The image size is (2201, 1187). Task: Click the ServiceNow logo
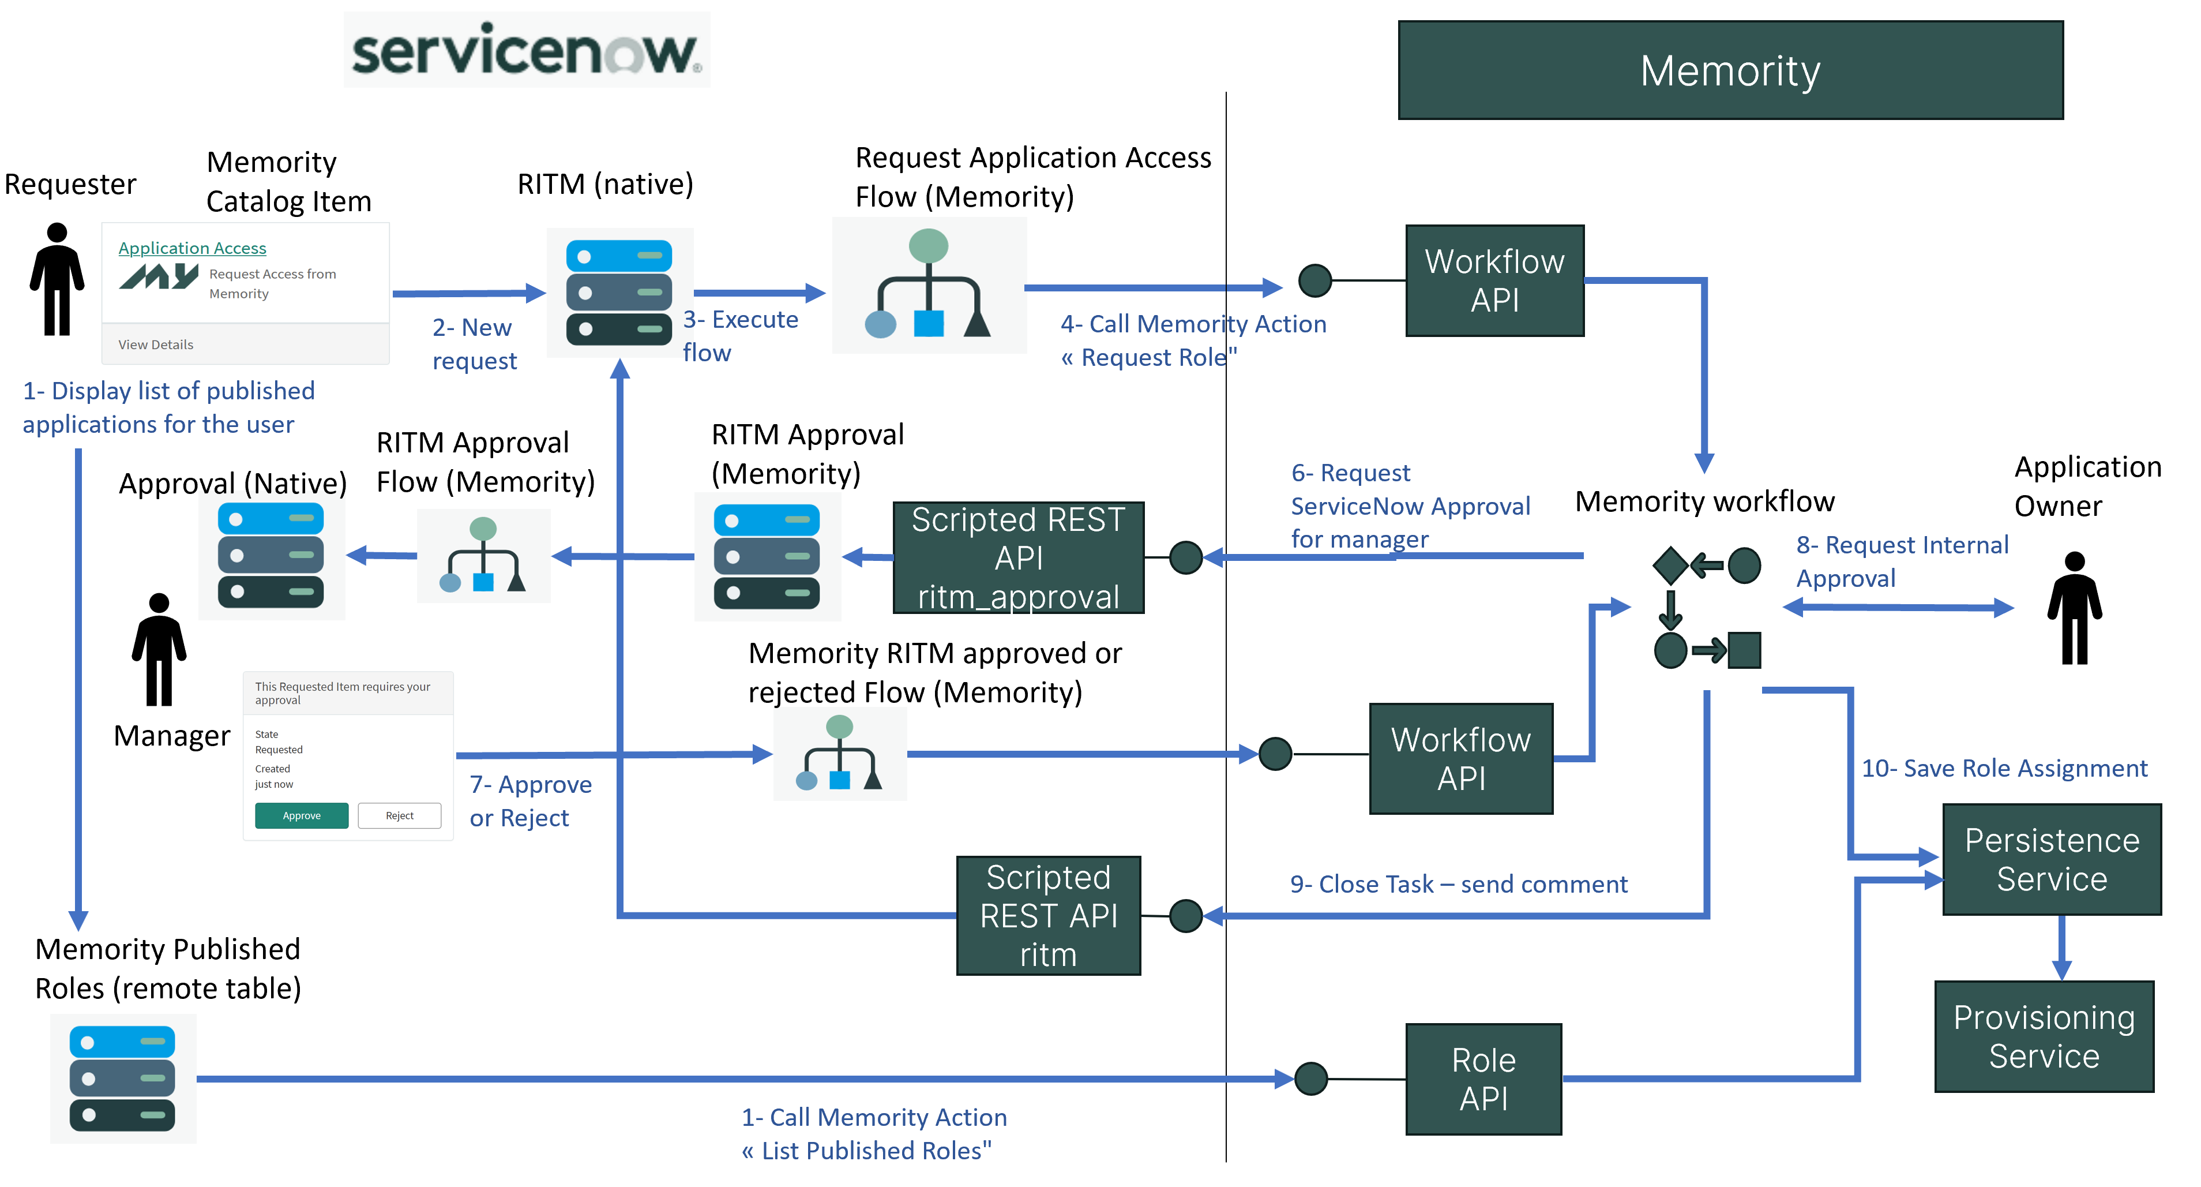click(527, 50)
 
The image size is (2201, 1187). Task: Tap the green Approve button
click(302, 815)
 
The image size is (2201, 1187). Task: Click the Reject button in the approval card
click(399, 815)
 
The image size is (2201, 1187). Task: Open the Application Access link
click(192, 248)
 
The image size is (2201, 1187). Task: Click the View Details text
click(156, 345)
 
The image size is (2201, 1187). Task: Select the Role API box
click(1483, 1079)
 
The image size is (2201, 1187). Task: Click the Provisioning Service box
click(2044, 1036)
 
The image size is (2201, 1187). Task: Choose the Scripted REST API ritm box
click(1049, 915)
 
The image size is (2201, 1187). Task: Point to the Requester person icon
click(57, 279)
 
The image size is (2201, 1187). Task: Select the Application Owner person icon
click(2075, 608)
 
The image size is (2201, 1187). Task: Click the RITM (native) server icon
click(619, 292)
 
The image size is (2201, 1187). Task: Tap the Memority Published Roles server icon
click(122, 1079)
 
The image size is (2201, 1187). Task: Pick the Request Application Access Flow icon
click(929, 284)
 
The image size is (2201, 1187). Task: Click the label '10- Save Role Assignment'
click(2004, 768)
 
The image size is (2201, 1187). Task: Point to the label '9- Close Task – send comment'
click(1459, 883)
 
